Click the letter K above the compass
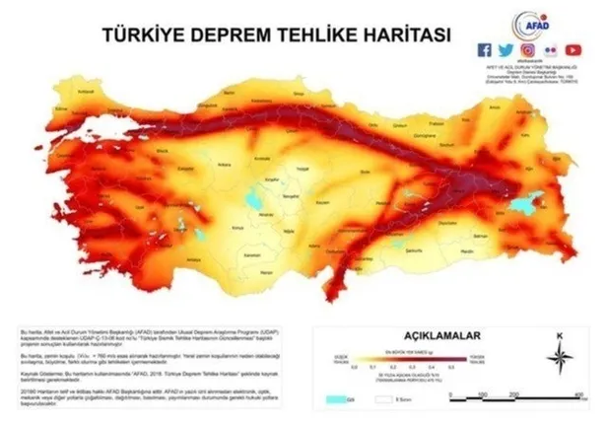(558, 338)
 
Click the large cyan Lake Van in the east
(520, 203)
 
